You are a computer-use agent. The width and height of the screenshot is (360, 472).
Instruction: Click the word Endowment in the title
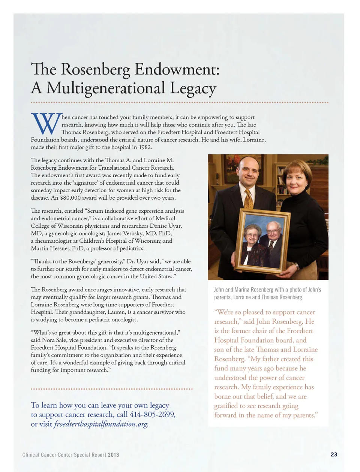tap(177, 70)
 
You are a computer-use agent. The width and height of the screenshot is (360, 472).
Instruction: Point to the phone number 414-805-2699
tap(152, 415)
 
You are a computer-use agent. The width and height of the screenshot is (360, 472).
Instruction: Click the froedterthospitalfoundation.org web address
tap(101, 424)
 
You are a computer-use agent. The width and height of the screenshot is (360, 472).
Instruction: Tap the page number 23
tap(334, 454)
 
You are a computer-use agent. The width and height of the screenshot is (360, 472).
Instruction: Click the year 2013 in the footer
tap(113, 455)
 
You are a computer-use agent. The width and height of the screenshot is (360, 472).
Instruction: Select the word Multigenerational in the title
tap(106, 88)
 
